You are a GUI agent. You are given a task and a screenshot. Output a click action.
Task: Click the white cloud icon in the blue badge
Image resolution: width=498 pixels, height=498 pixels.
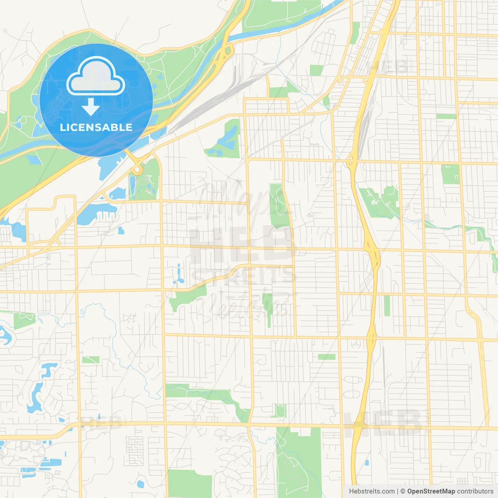click(96, 76)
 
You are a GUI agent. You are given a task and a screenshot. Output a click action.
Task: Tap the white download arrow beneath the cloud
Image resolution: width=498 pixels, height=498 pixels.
click(91, 107)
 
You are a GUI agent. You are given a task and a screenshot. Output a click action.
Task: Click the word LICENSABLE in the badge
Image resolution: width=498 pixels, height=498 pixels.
click(96, 127)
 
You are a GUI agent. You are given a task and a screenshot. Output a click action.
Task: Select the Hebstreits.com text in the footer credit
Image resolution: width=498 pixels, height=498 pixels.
click(372, 491)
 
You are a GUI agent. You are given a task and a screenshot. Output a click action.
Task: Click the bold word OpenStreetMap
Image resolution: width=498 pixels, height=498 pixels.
click(431, 491)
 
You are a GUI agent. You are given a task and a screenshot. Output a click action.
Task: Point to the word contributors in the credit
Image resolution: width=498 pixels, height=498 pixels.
click(475, 491)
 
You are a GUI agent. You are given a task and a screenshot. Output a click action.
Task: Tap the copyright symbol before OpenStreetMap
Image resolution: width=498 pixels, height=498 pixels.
click(403, 491)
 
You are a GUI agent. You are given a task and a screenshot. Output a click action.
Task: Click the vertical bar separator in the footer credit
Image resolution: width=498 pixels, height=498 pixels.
click(398, 491)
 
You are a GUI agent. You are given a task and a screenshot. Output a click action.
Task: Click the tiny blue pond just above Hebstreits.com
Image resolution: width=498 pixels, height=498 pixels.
click(366, 463)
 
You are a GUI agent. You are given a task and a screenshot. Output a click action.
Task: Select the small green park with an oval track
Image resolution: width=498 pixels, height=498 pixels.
click(280, 410)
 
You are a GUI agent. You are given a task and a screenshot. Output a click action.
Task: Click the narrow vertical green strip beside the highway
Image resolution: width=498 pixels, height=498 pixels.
click(387, 305)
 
